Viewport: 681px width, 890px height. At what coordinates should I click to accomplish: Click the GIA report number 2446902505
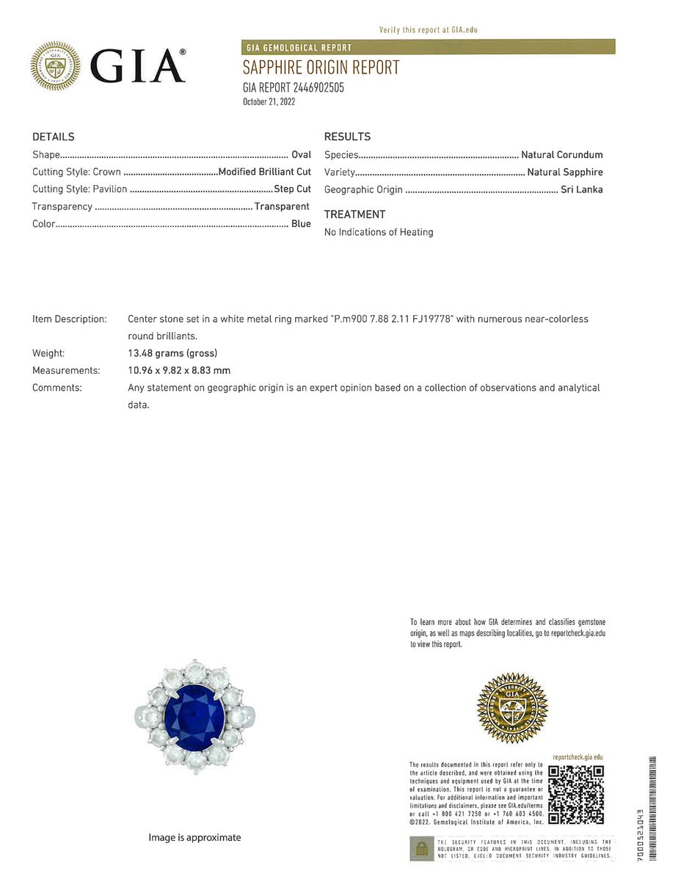[x=293, y=88]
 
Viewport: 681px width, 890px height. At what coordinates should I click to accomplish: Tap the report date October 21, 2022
[x=269, y=102]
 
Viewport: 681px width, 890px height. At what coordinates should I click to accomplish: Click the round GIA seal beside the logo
[x=55, y=65]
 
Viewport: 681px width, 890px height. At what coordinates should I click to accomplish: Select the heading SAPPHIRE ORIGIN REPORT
[x=321, y=68]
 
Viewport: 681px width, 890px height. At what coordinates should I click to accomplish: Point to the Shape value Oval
[x=301, y=155]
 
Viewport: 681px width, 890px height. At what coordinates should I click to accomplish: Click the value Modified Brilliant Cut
[x=264, y=172]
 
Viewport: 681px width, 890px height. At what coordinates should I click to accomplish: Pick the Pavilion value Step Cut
[x=292, y=189]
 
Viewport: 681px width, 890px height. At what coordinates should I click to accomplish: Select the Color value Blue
[x=301, y=224]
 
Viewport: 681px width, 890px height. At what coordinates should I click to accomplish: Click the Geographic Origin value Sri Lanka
[x=581, y=189]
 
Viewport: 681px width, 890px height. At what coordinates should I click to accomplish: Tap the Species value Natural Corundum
[x=561, y=155]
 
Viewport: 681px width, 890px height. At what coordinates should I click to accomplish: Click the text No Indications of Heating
[x=379, y=232]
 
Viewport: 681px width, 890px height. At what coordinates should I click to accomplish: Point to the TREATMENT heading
[x=354, y=214]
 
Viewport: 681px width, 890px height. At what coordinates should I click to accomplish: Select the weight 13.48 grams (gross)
[x=172, y=353]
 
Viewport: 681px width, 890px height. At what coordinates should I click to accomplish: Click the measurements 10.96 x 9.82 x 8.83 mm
[x=179, y=371]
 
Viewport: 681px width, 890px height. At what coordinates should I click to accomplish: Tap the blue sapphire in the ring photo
[x=194, y=716]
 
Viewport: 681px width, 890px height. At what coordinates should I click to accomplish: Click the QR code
[x=576, y=795]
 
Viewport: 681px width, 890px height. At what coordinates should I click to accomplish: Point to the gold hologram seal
[x=512, y=708]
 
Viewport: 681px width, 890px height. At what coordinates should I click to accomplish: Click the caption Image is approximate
[x=194, y=838]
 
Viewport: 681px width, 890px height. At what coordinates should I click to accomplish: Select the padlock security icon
[x=421, y=849]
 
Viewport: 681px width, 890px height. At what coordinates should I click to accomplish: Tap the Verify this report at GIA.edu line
[x=428, y=30]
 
